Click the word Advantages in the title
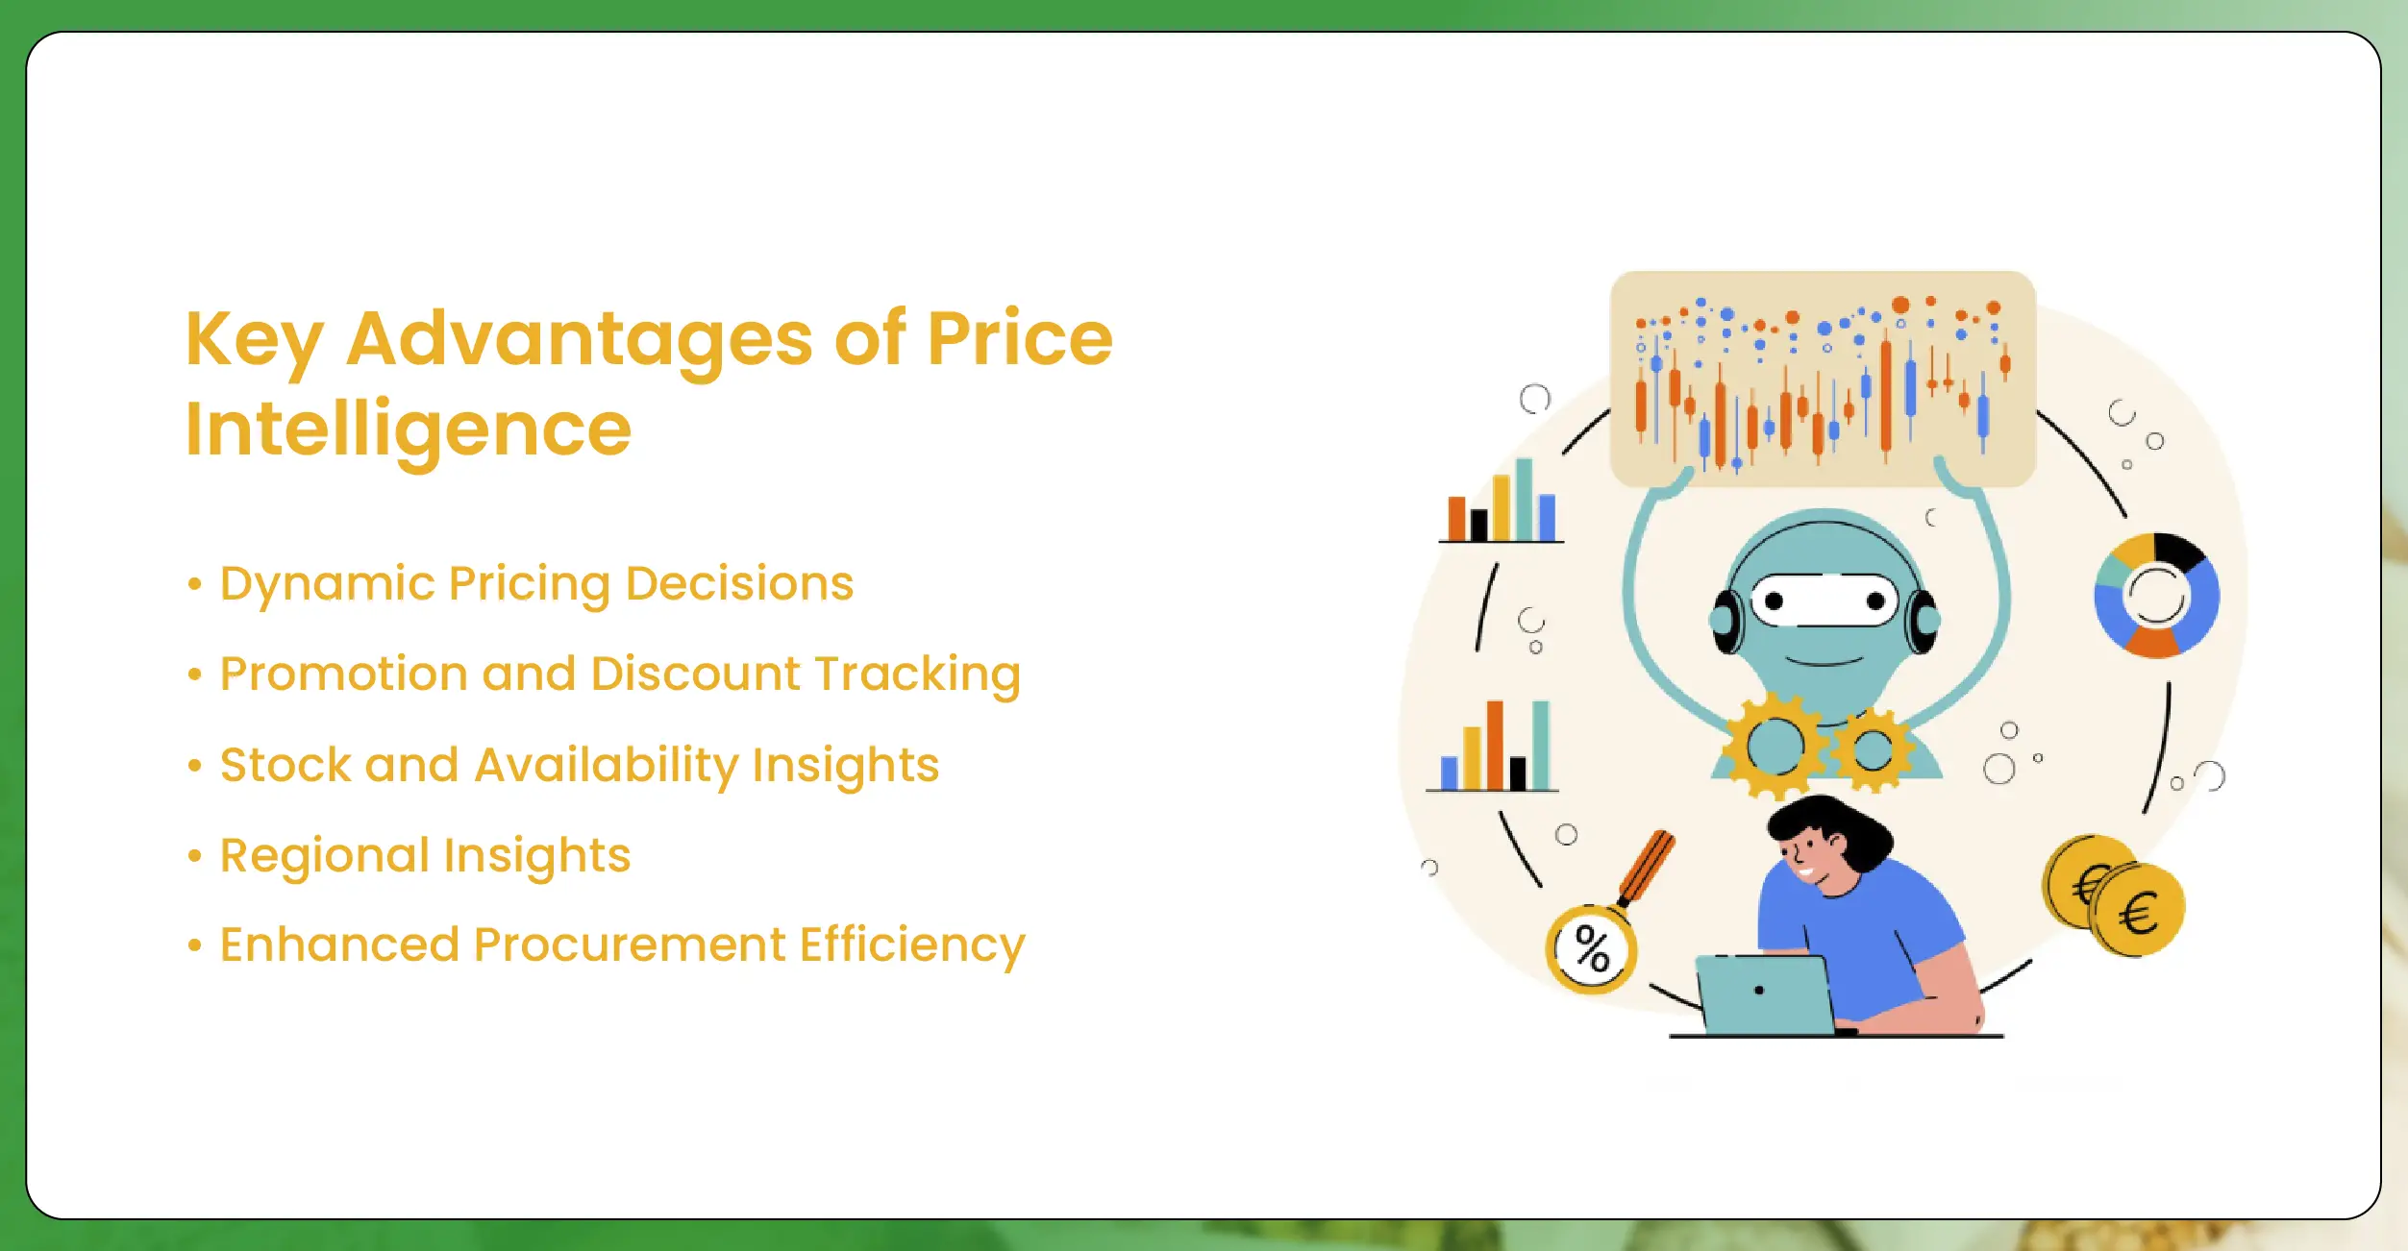pyautogui.click(x=580, y=341)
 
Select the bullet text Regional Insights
pyautogui.click(x=425, y=855)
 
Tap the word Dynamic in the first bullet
pyautogui.click(x=326, y=584)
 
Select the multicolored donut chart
pyautogui.click(x=2156, y=596)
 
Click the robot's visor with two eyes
pyautogui.click(x=1824, y=601)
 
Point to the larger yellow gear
pyautogui.click(x=1775, y=746)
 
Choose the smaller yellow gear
pyautogui.click(x=1872, y=749)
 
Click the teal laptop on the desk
pyautogui.click(x=1765, y=993)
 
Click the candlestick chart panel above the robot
pyautogui.click(x=1823, y=379)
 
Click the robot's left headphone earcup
pyautogui.click(x=1726, y=621)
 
